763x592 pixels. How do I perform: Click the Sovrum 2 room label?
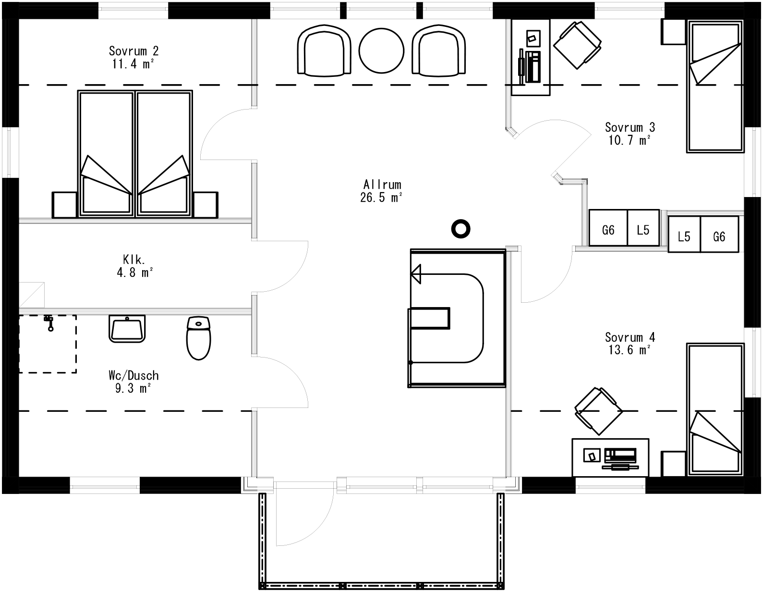click(x=133, y=51)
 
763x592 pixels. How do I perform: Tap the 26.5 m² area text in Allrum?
click(x=381, y=197)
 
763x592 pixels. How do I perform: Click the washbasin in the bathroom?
click(x=127, y=329)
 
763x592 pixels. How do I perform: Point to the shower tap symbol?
click(x=49, y=322)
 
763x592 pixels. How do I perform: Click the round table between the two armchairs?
click(x=382, y=50)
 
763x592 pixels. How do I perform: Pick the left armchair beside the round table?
click(x=324, y=50)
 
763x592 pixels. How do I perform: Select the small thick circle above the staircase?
click(x=460, y=229)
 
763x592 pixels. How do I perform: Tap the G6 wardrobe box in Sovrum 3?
click(x=608, y=230)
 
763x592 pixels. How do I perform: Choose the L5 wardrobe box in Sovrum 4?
click(x=684, y=236)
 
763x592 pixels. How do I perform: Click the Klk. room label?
click(x=134, y=260)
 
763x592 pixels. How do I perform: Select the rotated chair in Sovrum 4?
click(x=599, y=411)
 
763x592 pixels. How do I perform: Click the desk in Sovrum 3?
click(x=531, y=58)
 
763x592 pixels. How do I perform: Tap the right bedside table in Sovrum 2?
click(x=206, y=205)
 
